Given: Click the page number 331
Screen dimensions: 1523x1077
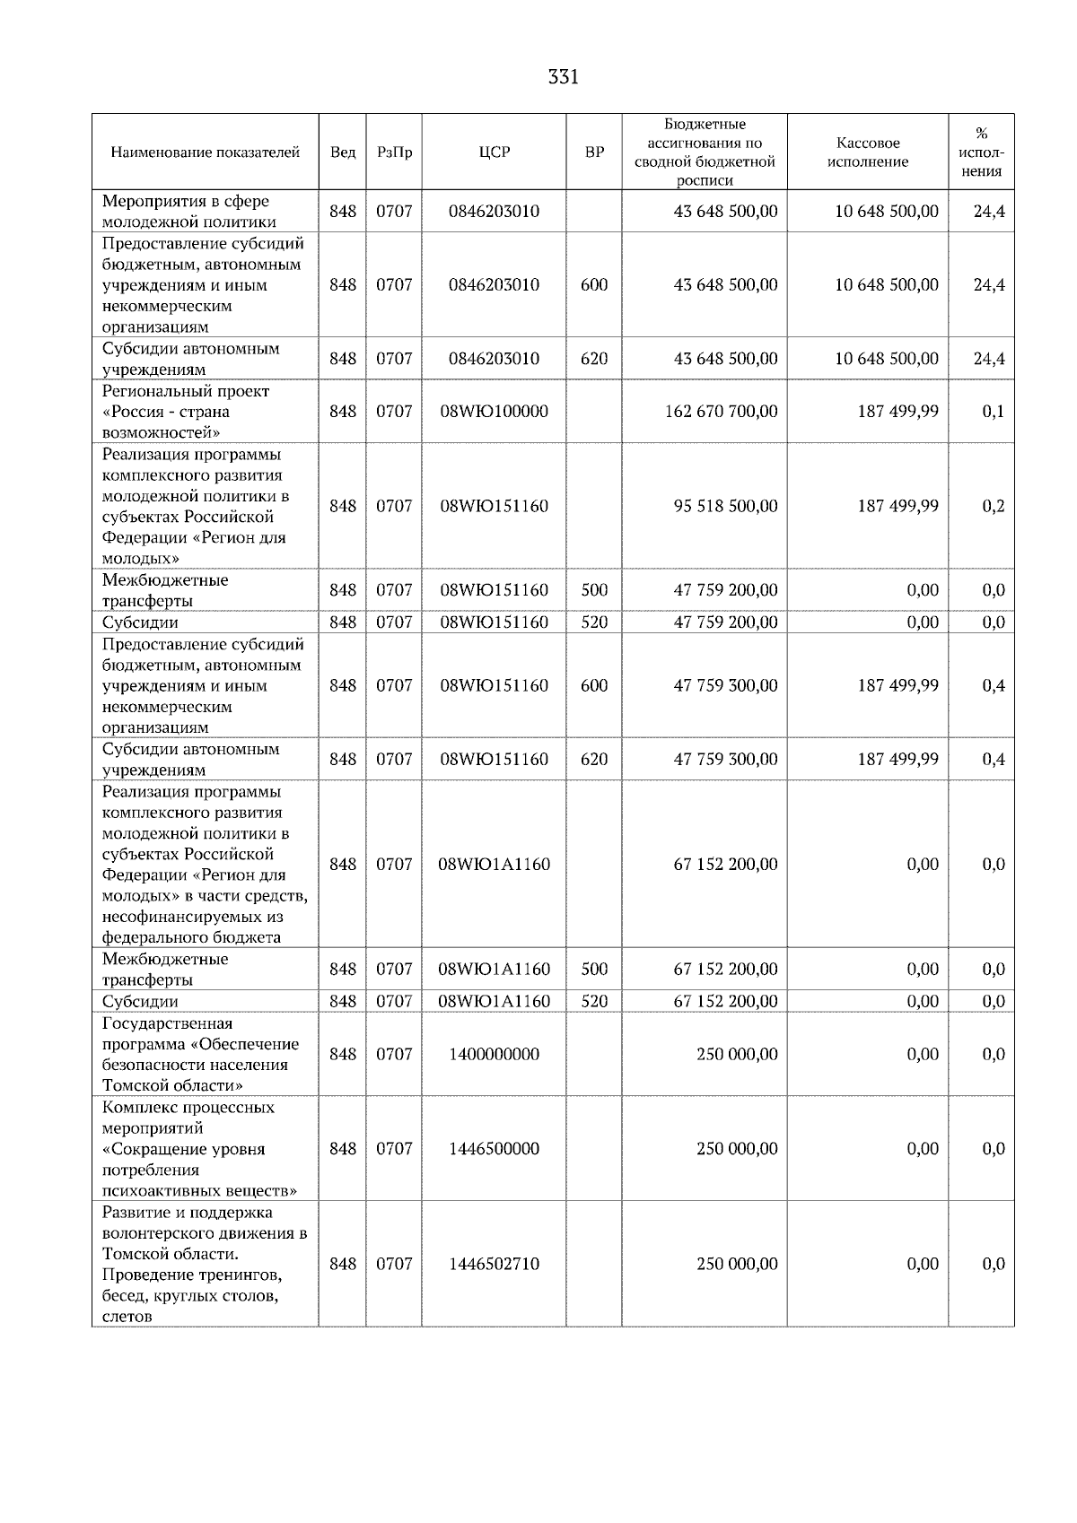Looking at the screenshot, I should coord(563,77).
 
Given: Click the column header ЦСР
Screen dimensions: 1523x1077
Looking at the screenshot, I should coord(495,152).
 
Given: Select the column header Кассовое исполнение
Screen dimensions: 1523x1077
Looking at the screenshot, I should coord(867,152).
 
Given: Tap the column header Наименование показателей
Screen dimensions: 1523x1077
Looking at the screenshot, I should coord(205,152).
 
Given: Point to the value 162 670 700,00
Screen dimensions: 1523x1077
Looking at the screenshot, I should coord(722,412).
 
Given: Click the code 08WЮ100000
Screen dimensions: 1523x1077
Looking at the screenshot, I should coord(495,412).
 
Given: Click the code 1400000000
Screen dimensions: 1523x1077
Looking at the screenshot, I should coord(495,1054).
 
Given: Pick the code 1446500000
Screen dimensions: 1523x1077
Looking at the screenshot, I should coord(495,1149).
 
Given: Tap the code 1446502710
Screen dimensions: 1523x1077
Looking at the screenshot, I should coord(495,1264).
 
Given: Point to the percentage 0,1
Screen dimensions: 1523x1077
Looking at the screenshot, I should coord(993,412).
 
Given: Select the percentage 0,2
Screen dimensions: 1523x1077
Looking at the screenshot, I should coord(993,506).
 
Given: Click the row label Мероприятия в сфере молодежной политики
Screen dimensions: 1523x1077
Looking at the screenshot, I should coord(188,212).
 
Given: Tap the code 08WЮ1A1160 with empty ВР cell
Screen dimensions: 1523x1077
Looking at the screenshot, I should coord(495,865).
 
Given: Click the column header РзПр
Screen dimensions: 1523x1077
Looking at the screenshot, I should coord(394,152).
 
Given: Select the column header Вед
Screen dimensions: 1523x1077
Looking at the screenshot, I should coord(343,152).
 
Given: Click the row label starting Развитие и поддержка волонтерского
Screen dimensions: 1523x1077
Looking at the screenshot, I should coord(203,1264).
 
